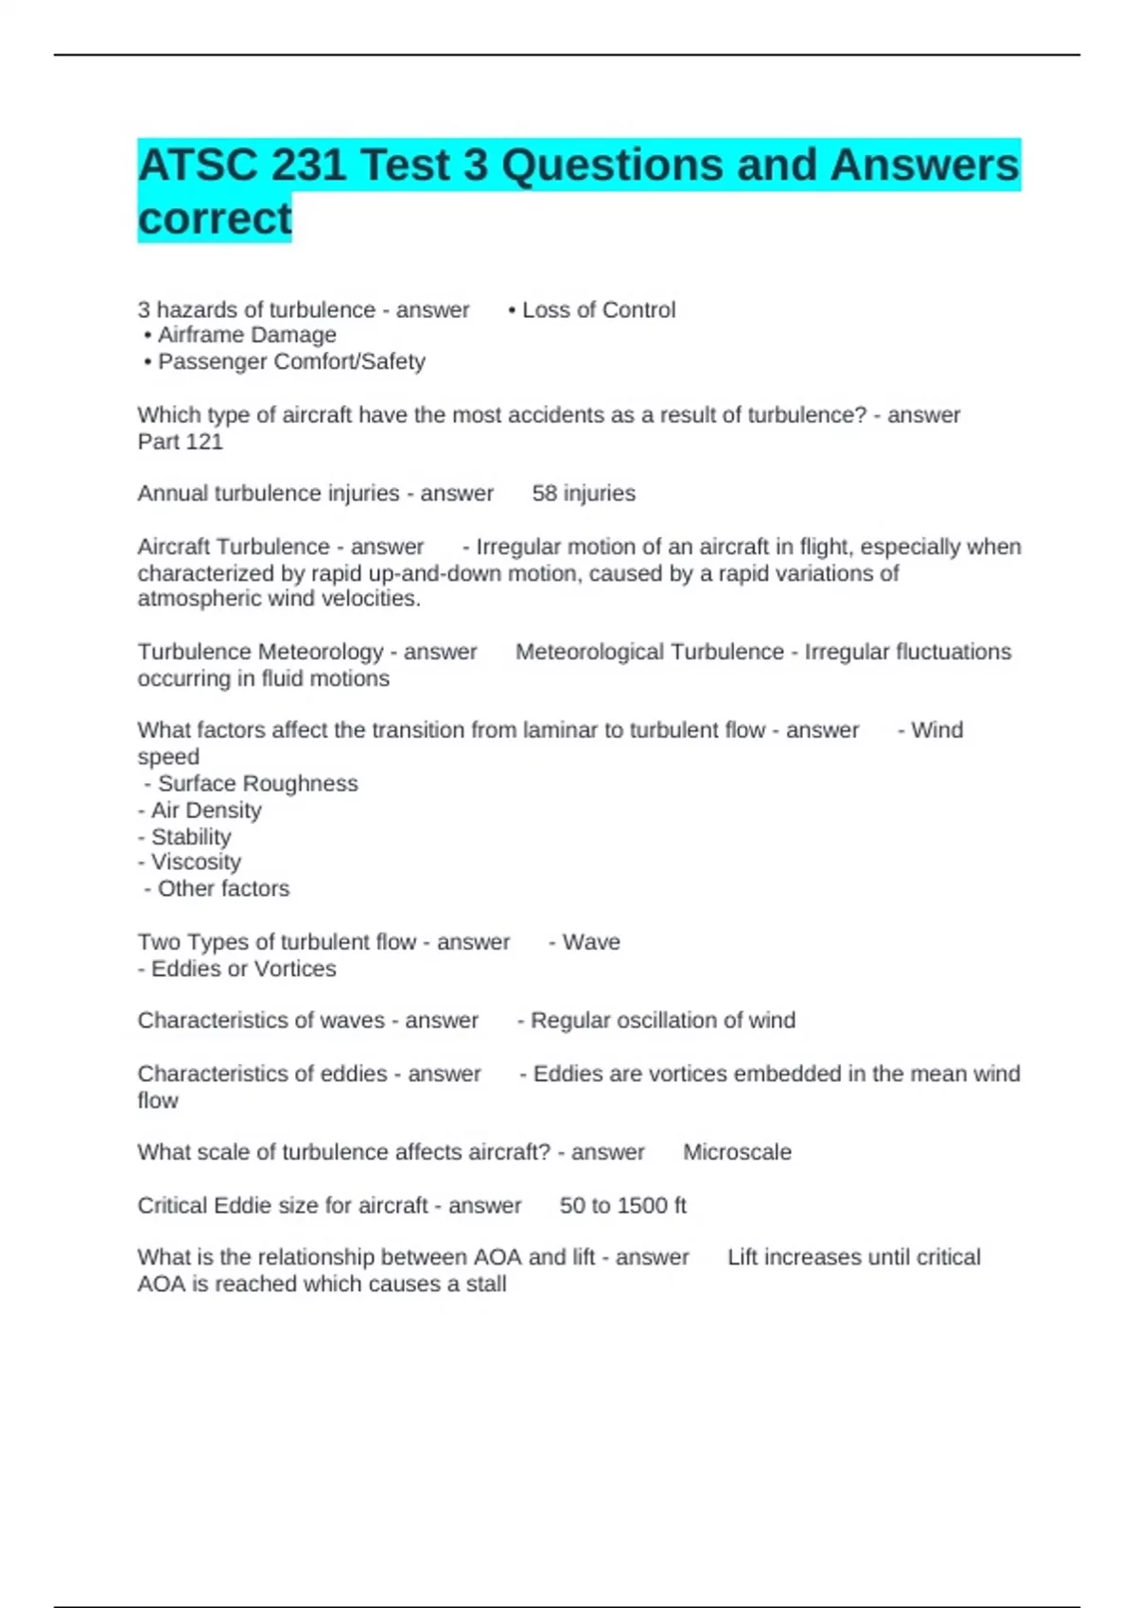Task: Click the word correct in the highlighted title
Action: click(x=215, y=218)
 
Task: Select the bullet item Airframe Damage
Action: click(x=247, y=335)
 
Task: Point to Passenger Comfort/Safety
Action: click(x=291, y=361)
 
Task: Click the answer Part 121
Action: click(x=180, y=442)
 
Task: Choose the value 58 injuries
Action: click(x=584, y=494)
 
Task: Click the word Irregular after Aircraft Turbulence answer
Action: click(x=519, y=547)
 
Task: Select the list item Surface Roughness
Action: click(x=257, y=783)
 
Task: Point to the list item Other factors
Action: click(x=223, y=889)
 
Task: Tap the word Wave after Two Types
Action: click(x=591, y=942)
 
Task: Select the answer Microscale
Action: click(x=737, y=1152)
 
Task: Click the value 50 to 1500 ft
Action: click(x=622, y=1206)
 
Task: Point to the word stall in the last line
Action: click(x=486, y=1285)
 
